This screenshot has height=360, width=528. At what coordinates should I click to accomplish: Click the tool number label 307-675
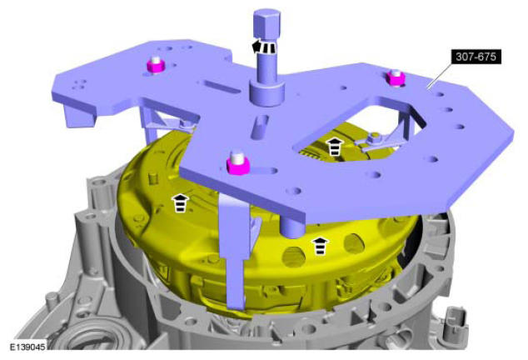[476, 57]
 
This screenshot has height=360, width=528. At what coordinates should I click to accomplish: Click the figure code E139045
[27, 347]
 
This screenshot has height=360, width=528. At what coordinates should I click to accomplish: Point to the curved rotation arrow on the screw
[264, 47]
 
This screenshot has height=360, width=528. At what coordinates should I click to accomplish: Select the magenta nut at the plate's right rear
[396, 77]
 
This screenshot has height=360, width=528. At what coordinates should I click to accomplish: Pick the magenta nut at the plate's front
[238, 163]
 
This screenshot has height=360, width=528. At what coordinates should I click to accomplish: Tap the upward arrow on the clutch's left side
[181, 203]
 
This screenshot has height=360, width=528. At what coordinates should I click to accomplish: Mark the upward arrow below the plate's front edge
[321, 246]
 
